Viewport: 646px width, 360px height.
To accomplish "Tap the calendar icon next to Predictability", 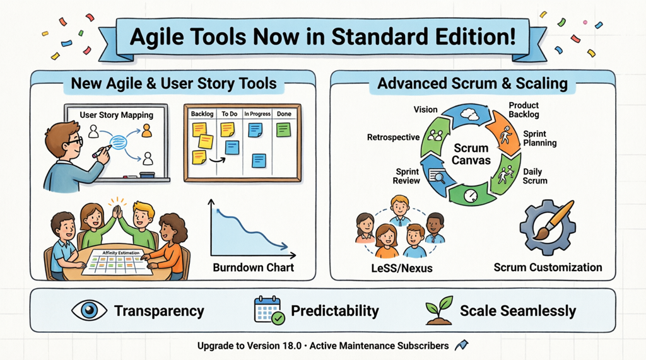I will (x=269, y=310).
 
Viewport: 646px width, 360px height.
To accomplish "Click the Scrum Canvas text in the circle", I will (x=471, y=154).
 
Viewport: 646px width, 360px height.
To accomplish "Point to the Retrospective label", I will (x=393, y=137).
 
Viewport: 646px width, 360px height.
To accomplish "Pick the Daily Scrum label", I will (x=536, y=176).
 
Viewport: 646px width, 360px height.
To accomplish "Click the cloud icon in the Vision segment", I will (x=469, y=115).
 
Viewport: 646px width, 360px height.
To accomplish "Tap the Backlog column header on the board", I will (x=202, y=114).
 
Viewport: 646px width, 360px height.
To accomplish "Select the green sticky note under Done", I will (x=283, y=130).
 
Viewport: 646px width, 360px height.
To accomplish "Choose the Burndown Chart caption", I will (x=253, y=267).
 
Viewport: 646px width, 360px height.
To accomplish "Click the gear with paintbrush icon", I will (x=546, y=227).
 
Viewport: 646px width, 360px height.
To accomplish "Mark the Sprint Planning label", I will (x=539, y=138).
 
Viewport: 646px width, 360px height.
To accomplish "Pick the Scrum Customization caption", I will (x=548, y=267).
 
